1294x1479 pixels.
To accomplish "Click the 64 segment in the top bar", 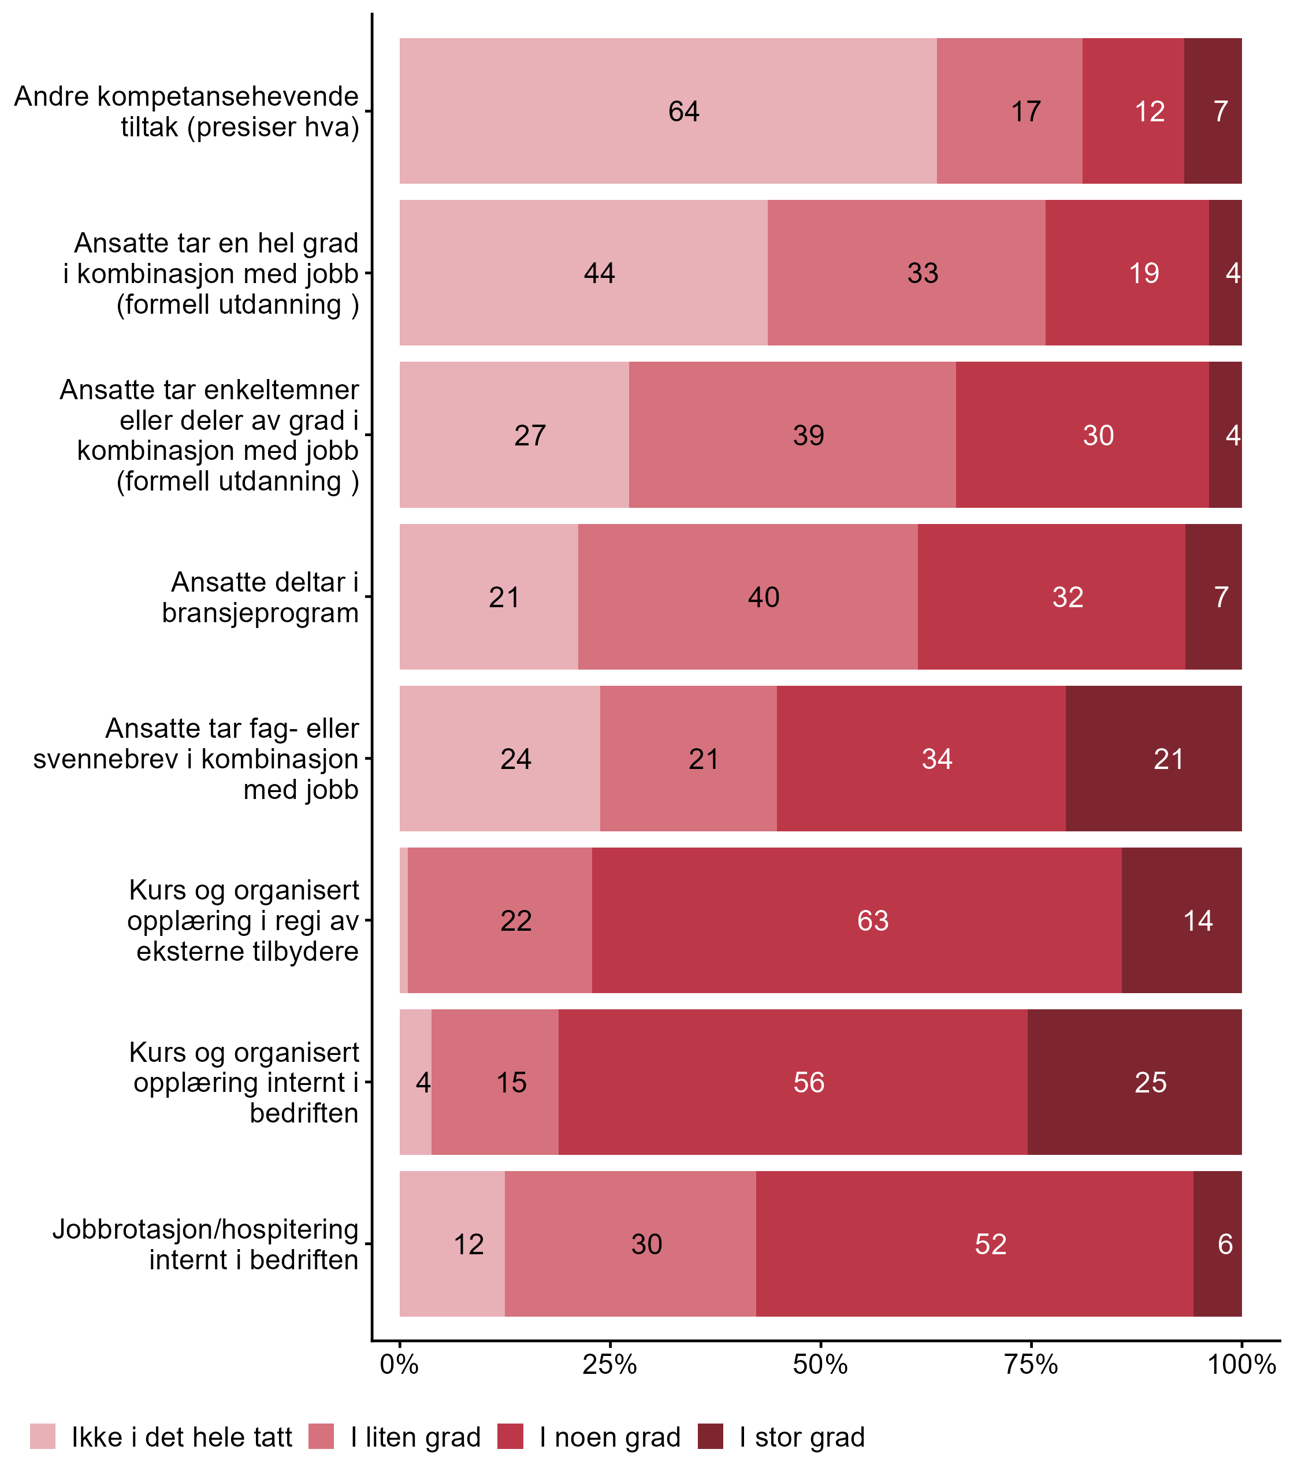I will tap(668, 111).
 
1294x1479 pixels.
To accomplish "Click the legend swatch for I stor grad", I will tap(710, 1436).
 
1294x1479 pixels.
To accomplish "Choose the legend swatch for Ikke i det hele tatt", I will tap(43, 1436).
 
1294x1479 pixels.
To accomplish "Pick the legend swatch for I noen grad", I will tap(511, 1436).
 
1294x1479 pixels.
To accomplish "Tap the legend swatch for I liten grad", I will tap(321, 1436).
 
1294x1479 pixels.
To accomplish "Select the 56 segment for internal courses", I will tap(793, 1082).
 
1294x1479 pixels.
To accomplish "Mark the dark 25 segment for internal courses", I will tap(1135, 1082).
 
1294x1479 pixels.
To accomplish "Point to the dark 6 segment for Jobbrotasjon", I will tap(1218, 1243).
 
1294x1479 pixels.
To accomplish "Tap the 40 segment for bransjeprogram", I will tap(748, 596).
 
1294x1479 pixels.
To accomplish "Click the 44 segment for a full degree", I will tap(583, 273).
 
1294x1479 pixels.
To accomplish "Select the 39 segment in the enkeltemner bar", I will tap(792, 434).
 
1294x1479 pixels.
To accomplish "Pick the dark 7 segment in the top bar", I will tap(1213, 111).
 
